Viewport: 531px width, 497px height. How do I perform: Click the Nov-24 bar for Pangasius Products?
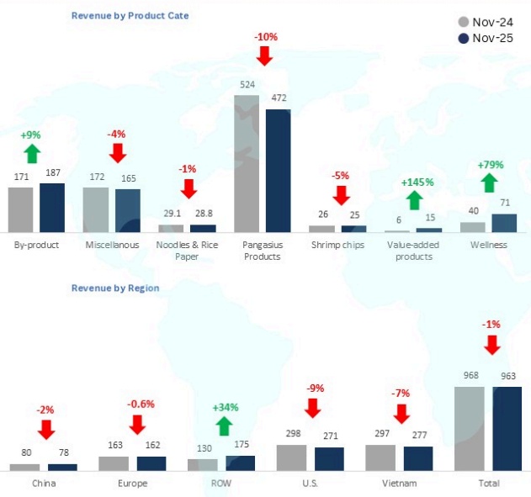pos(247,163)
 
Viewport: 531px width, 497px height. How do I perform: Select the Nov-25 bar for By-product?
pos(52,207)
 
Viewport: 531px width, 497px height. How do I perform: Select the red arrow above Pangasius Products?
pos(265,56)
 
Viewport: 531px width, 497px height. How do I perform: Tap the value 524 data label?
pos(247,85)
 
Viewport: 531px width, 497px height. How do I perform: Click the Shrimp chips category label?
pos(337,245)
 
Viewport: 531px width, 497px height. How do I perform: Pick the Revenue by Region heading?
pos(115,288)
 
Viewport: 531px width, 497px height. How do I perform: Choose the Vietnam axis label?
pos(399,484)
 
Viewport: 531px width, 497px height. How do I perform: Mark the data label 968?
pos(470,374)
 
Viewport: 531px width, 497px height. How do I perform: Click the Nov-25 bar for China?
pos(63,466)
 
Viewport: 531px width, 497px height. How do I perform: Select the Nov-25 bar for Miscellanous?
pos(128,210)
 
